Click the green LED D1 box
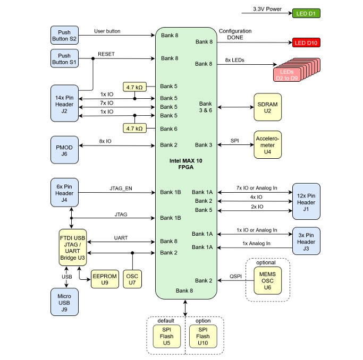307,13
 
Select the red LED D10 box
307,43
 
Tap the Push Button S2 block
64,36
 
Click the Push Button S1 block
64,59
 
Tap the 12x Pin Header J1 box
306,201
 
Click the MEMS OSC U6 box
267,280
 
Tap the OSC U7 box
132,279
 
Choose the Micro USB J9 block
64,302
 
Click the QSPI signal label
235,276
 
